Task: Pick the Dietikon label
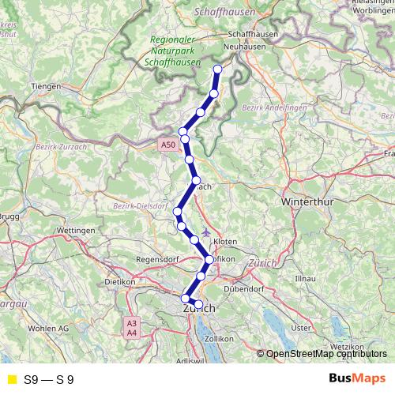121,281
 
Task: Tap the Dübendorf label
244,289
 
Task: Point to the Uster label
301,327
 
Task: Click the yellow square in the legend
11,380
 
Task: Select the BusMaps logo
357,379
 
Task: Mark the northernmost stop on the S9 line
218,69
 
